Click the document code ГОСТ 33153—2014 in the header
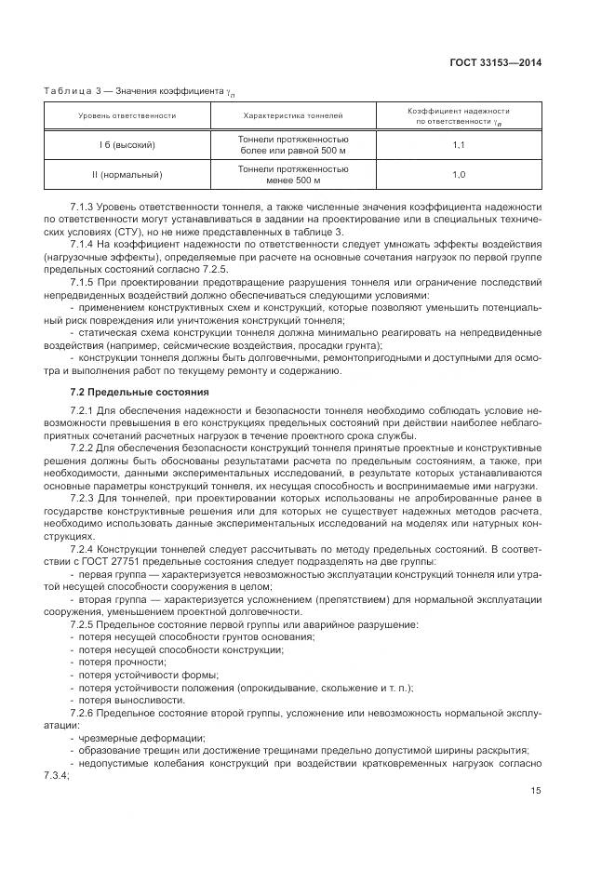tap(498, 63)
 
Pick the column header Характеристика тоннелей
tap(293, 116)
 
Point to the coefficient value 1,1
tap(459, 146)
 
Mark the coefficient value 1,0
tap(459, 174)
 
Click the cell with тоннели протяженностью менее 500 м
tap(293, 174)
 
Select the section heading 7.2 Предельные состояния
tap(140, 391)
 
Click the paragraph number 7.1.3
tap(84, 204)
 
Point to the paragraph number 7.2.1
tap(84, 410)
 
